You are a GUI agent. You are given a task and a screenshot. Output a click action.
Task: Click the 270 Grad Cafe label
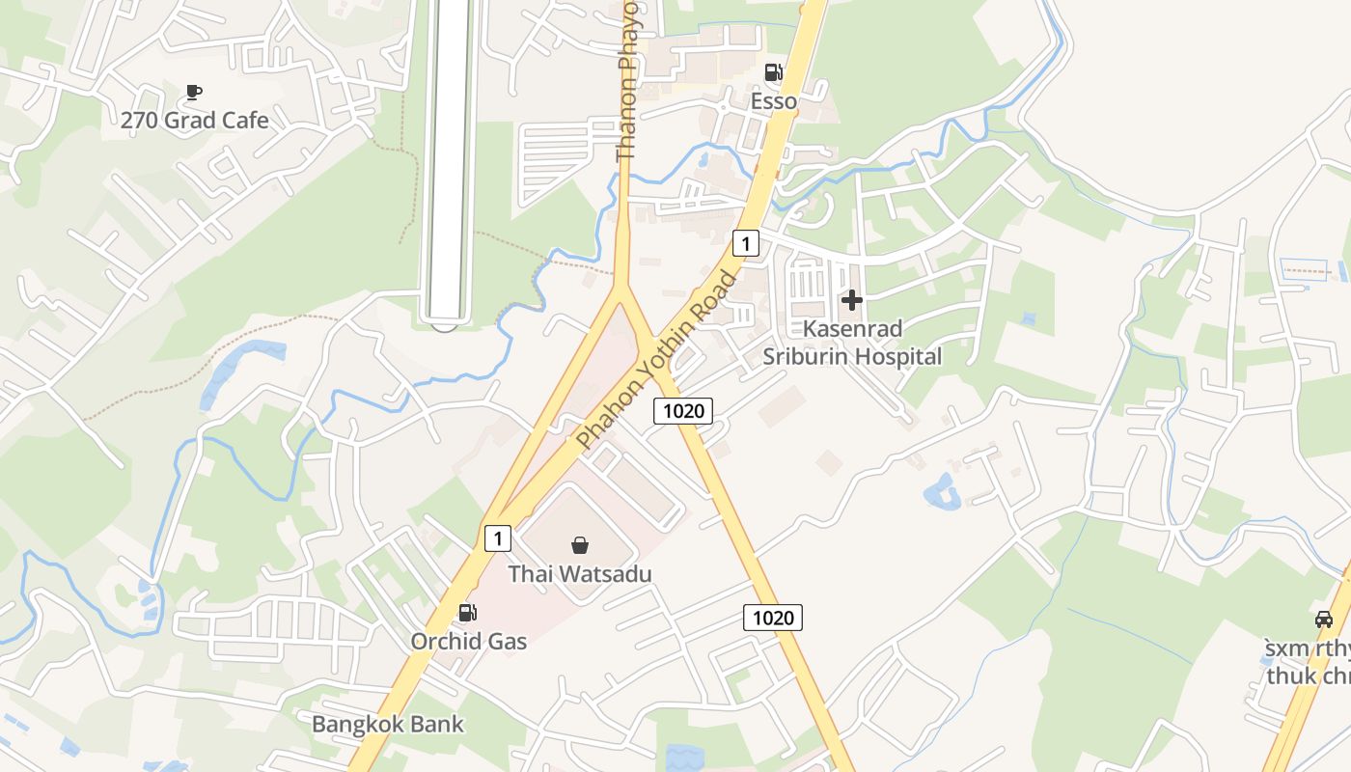[194, 121]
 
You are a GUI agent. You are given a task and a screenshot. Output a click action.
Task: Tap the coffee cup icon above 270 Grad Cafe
[193, 92]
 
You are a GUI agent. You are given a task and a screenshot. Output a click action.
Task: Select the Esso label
[774, 101]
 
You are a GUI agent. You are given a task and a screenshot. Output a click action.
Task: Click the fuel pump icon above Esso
[773, 72]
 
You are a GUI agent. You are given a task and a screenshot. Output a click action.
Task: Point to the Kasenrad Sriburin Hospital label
[852, 343]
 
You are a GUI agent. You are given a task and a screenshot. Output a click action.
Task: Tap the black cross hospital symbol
[851, 301]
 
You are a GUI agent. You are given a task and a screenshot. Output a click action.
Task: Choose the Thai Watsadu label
[580, 574]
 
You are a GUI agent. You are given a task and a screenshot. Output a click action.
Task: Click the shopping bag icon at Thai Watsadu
[580, 545]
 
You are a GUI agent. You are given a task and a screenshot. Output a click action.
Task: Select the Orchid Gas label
[469, 641]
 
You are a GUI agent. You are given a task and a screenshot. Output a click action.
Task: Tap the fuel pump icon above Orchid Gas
[467, 612]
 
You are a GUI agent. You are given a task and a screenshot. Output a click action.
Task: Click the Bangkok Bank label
[388, 724]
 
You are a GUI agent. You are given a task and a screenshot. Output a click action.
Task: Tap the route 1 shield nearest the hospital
[745, 242]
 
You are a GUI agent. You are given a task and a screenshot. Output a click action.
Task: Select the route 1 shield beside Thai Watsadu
[497, 538]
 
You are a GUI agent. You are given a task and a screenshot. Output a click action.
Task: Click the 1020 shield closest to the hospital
[683, 411]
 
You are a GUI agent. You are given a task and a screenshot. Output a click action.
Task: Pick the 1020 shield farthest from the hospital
[773, 618]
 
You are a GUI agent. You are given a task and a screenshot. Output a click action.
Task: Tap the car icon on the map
[1324, 619]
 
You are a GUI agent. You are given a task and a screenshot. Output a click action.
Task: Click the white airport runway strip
[449, 154]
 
